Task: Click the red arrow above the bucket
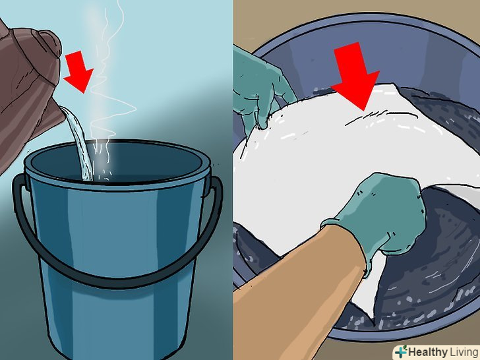click(x=78, y=72)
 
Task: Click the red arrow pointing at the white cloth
click(x=356, y=76)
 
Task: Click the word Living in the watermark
click(x=464, y=351)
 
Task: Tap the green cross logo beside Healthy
click(x=402, y=351)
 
